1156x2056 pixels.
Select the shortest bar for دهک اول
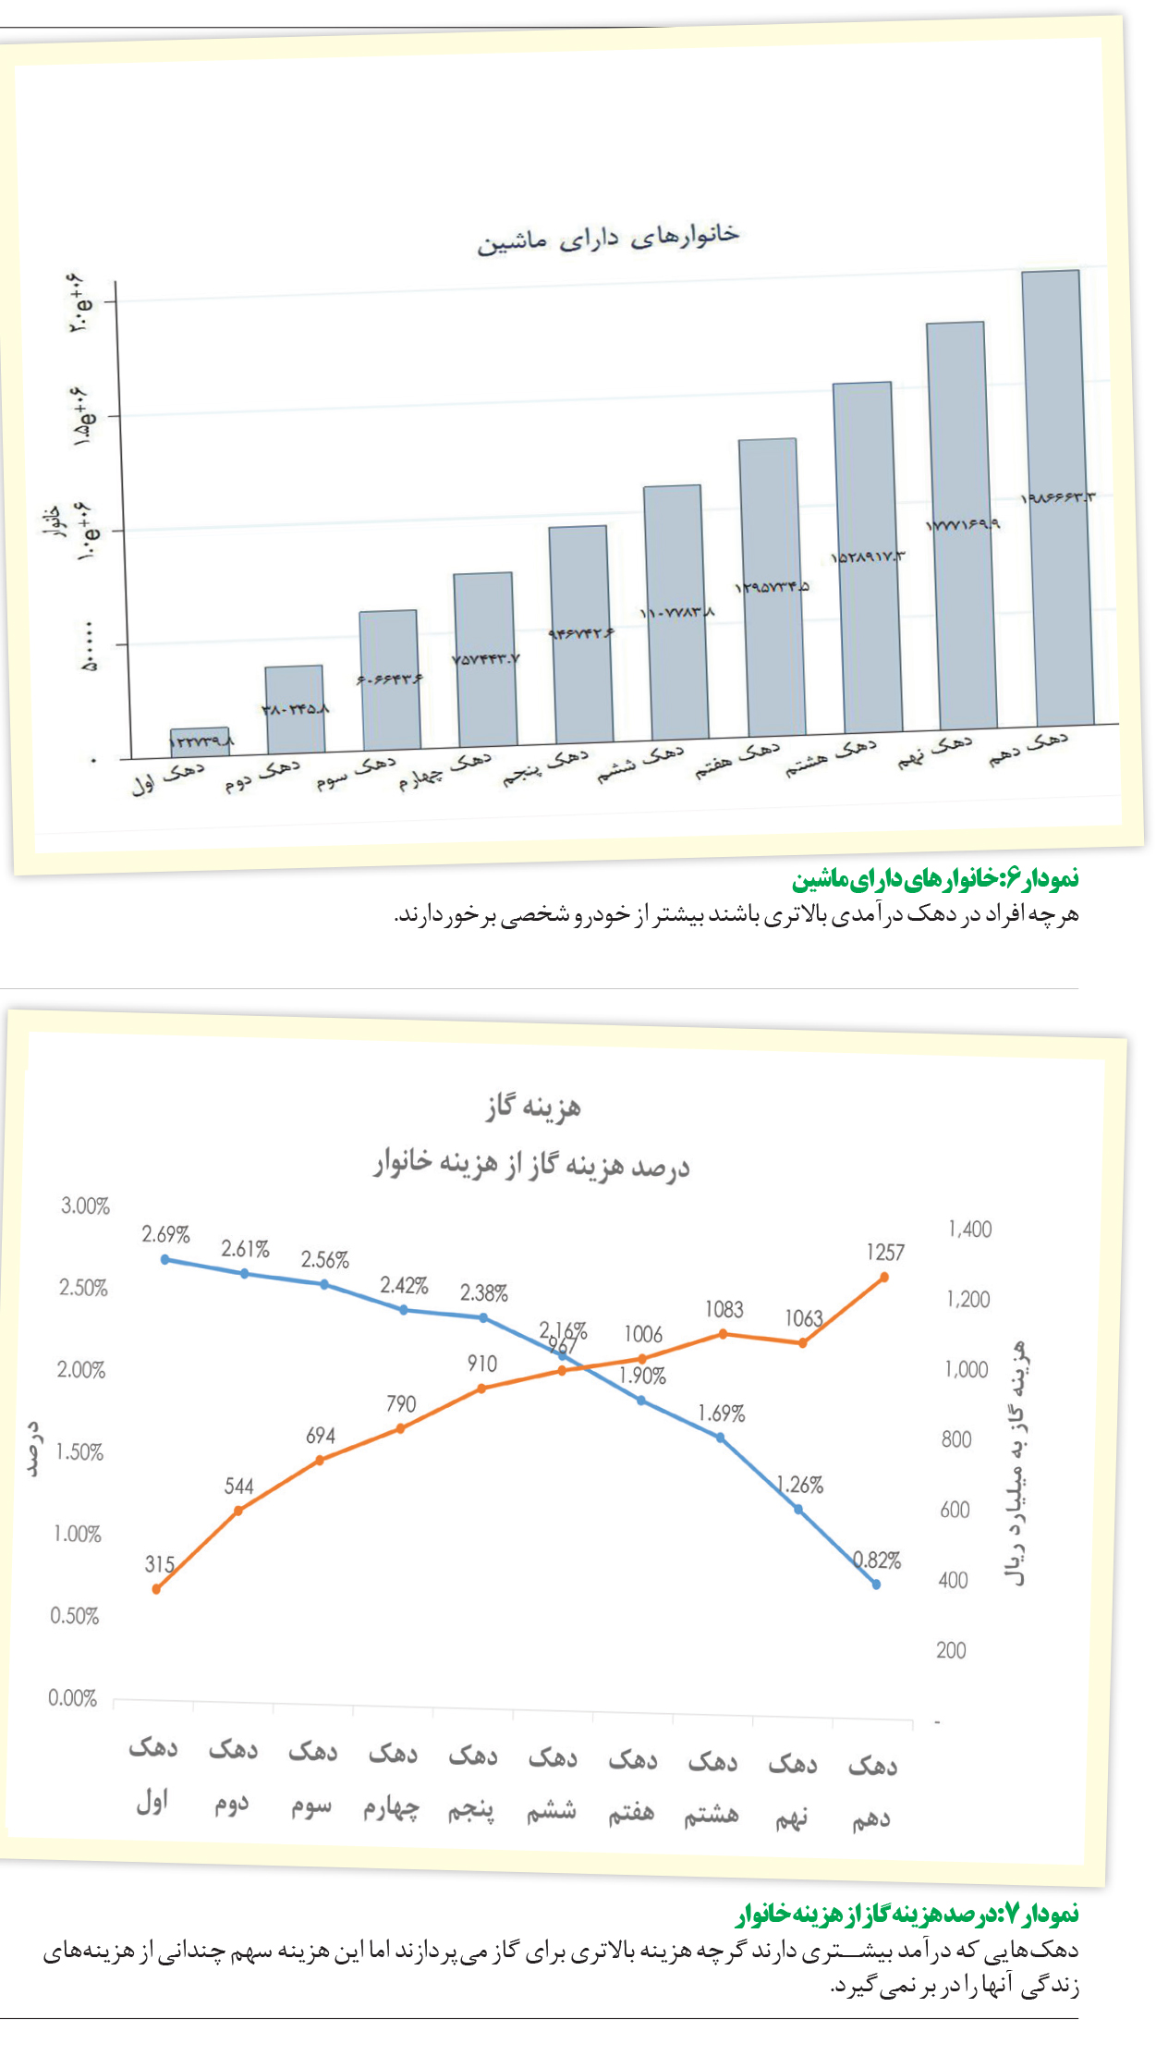point(201,741)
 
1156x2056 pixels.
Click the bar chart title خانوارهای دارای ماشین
point(608,239)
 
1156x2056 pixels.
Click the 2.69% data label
point(165,1234)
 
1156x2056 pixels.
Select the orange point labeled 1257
point(884,1277)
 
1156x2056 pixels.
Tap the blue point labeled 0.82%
point(876,1584)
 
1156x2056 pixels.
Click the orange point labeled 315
point(156,1589)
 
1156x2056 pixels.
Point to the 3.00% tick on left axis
point(85,1205)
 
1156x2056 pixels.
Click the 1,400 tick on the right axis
point(969,1229)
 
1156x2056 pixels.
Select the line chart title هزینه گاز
point(534,1107)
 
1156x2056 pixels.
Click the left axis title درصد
point(34,1449)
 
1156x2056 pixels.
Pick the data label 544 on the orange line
point(238,1486)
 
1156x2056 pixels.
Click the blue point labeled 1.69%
point(720,1438)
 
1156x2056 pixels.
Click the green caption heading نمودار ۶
point(934,877)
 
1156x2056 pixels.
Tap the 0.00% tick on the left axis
point(72,1697)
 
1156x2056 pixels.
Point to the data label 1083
point(724,1309)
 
